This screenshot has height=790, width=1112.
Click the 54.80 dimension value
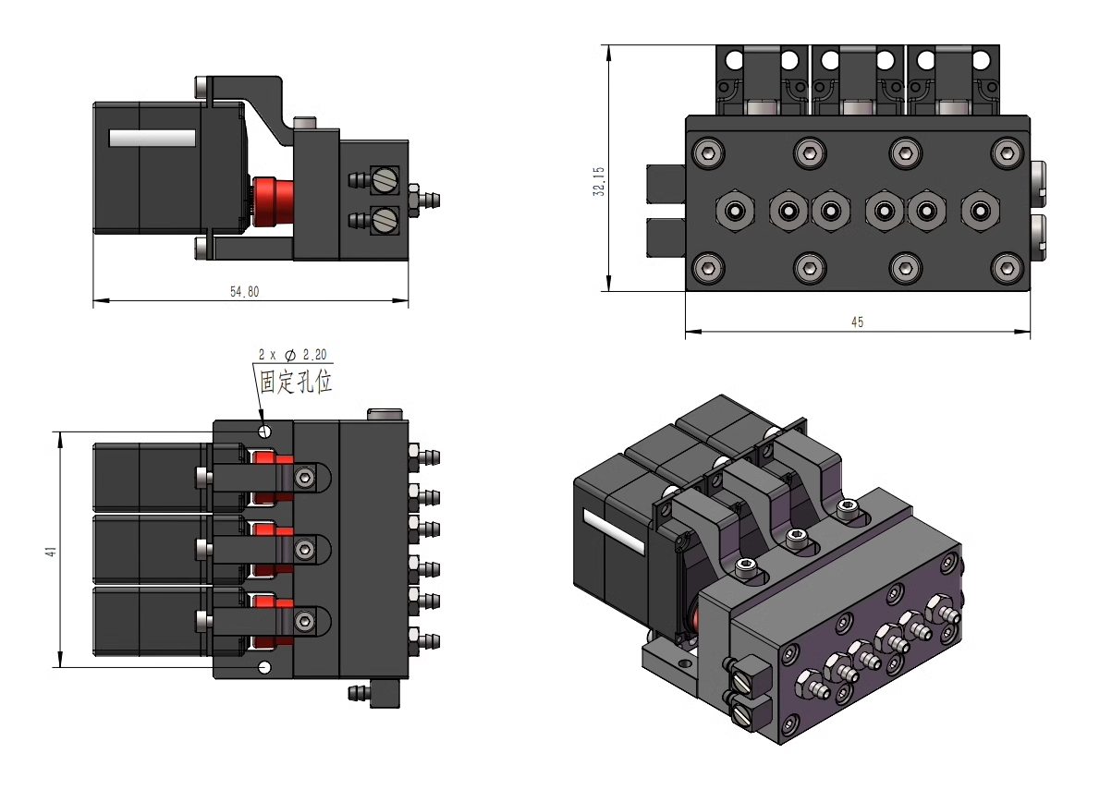tap(244, 292)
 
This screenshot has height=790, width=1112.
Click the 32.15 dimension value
tap(599, 181)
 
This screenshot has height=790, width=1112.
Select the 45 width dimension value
tap(857, 322)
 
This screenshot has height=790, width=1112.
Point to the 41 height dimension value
tap(52, 552)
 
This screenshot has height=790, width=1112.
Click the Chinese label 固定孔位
tap(295, 382)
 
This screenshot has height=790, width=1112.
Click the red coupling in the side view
tap(274, 202)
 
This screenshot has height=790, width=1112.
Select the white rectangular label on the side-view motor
tap(153, 138)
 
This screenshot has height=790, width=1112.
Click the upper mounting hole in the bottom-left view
tap(266, 430)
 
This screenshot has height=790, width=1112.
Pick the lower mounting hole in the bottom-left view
tap(266, 667)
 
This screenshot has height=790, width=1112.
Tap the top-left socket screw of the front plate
tap(709, 152)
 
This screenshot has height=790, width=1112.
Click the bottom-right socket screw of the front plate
tap(1007, 269)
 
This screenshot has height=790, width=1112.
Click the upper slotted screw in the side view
tap(385, 179)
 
